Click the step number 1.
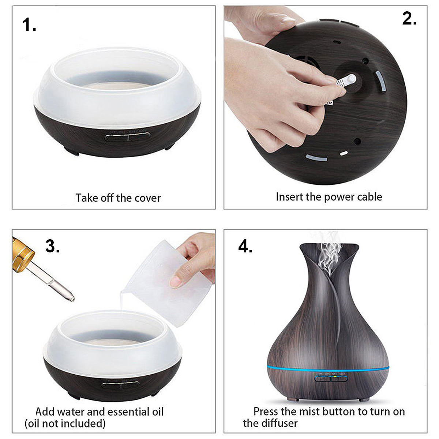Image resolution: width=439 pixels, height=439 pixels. tap(29, 25)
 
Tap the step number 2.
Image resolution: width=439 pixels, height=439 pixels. tap(409, 18)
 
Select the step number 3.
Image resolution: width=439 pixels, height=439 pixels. tap(52, 247)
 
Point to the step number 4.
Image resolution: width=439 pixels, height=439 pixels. tap(245, 247)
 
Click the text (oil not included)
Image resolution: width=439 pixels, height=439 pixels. tap(65, 423)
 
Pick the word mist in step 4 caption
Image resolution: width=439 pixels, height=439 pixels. tap(309, 412)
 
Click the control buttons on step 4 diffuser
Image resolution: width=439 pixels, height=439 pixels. tap(331, 378)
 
